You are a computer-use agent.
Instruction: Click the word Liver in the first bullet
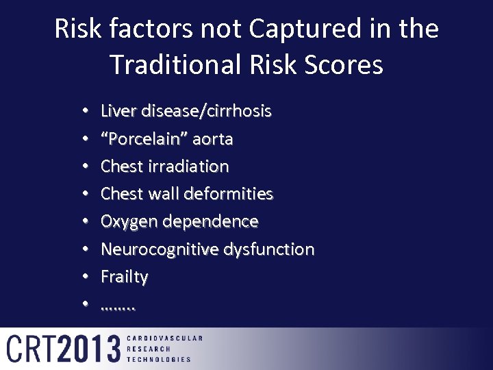(x=117, y=111)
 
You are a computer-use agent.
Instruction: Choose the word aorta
(x=213, y=139)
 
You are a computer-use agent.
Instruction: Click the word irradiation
(x=186, y=166)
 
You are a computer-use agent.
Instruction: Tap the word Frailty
(x=124, y=277)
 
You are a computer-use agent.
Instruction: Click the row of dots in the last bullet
(x=118, y=306)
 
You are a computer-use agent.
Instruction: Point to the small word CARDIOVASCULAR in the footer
(x=165, y=338)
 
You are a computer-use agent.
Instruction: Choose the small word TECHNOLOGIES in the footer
(x=160, y=359)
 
